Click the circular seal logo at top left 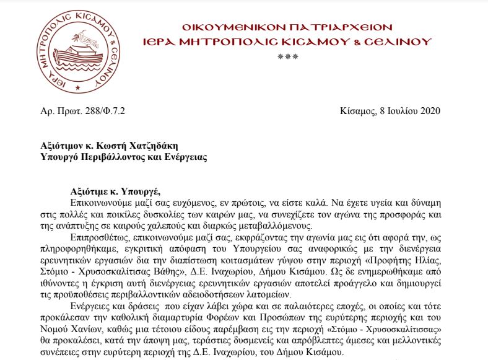click(76, 48)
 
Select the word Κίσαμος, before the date click(358, 111)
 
